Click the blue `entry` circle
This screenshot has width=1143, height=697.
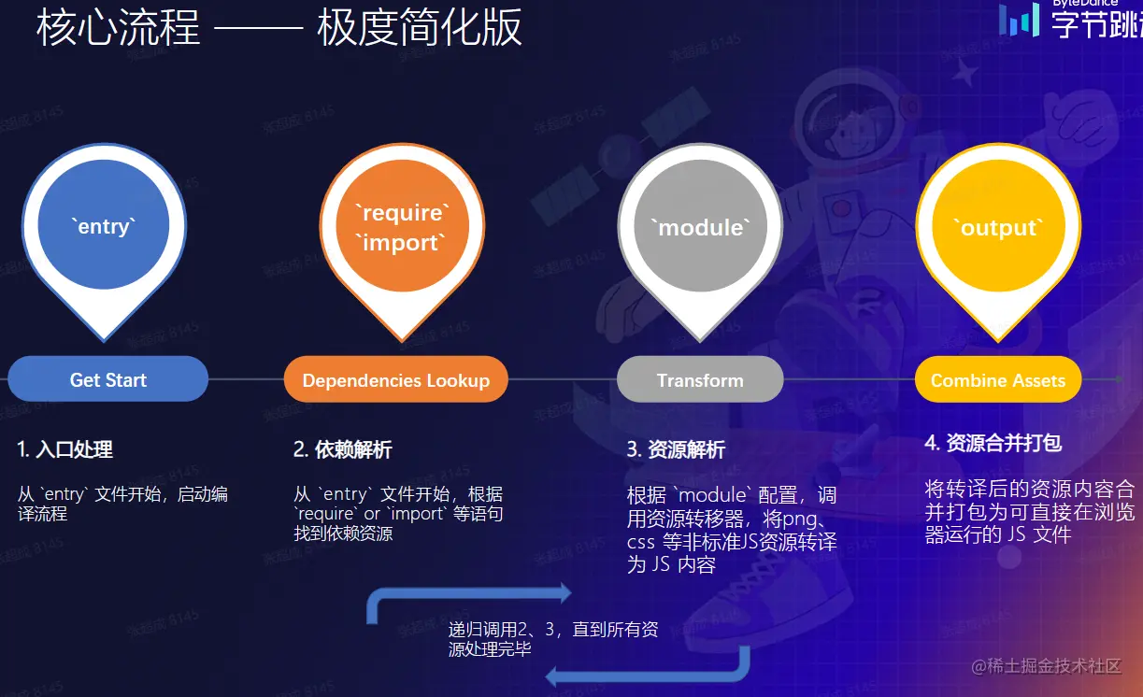(104, 224)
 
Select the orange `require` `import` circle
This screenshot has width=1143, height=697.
(402, 225)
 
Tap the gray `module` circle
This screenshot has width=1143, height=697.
(701, 225)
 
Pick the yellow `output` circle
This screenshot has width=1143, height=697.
(998, 225)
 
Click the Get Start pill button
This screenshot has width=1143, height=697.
(108, 379)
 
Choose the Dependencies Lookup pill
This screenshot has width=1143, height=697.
(396, 379)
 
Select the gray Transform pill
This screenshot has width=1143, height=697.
(700, 379)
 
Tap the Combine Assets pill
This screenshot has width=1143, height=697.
(998, 379)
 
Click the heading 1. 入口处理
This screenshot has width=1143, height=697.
(64, 449)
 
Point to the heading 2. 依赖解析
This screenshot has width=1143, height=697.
(343, 449)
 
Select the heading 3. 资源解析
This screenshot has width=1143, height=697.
(676, 449)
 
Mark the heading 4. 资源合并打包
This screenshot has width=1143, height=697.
(993, 443)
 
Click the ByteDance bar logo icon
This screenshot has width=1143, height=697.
(1019, 21)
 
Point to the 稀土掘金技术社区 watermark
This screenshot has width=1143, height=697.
(1046, 666)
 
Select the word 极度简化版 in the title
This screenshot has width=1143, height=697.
(420, 27)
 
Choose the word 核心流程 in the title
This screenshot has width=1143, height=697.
(118, 27)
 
